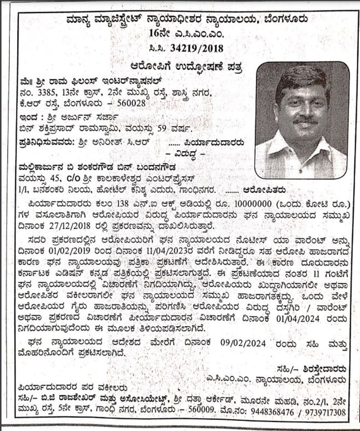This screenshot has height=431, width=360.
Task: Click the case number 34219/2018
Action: pos(197,48)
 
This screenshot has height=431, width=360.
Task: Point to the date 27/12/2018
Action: pos(72,226)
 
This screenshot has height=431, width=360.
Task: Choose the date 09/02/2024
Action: pos(243,343)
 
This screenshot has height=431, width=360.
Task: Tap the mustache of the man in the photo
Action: pos(305,121)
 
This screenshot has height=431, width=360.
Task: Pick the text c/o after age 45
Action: pos(74,178)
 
